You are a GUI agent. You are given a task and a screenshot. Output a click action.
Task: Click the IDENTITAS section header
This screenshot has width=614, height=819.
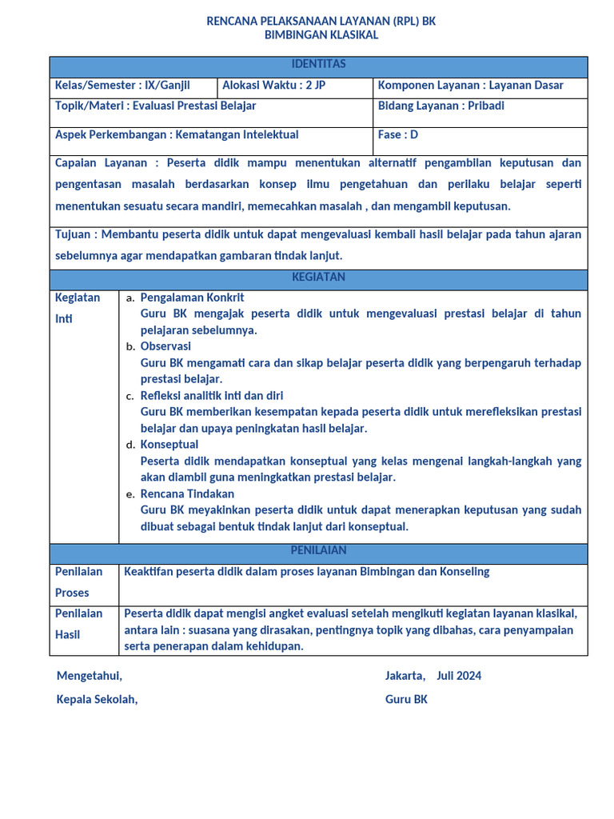pos(318,64)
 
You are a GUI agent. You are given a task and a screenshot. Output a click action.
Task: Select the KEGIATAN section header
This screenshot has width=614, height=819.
pos(318,277)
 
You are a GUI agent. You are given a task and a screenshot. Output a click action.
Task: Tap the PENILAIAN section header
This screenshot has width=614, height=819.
pos(318,550)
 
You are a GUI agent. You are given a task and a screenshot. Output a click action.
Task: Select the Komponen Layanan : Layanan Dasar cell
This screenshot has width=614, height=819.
pos(470,86)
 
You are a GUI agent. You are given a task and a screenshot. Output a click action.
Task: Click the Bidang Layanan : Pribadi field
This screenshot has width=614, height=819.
pos(441,106)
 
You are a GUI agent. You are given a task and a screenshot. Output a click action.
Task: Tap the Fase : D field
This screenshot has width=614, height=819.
pos(397,135)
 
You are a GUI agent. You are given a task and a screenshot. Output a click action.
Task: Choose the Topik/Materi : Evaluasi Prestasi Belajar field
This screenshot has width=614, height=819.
pos(155,106)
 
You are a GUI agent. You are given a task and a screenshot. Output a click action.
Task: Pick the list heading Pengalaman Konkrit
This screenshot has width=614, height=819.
pos(192,298)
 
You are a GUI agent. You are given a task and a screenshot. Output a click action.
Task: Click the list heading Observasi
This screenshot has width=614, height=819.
pos(165,346)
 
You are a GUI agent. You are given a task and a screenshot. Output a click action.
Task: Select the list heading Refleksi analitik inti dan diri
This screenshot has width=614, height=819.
pos(211,395)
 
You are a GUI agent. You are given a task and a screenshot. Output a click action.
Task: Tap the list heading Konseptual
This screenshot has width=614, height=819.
pos(169,444)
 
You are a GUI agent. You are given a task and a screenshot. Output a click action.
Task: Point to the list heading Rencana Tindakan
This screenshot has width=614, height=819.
pos(187,493)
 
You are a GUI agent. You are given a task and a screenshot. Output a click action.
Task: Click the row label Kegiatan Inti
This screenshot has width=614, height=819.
pos(78,308)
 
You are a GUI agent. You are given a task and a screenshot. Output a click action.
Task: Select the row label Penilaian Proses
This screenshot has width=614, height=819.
pos(78,582)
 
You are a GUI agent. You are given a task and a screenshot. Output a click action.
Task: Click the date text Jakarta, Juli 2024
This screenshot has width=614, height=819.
pos(433,676)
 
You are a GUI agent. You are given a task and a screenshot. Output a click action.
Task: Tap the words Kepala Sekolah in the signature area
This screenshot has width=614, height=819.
pos(97,700)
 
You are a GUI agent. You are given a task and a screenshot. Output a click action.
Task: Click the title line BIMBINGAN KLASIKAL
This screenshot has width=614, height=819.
pos(321,35)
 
